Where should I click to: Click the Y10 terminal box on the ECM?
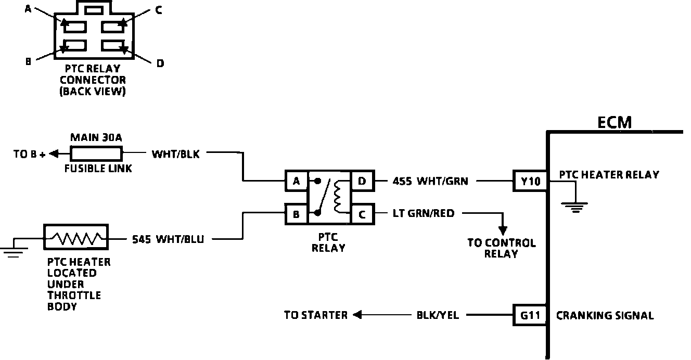[x=530, y=182]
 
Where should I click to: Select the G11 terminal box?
[x=530, y=315]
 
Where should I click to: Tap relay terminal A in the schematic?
[x=296, y=181]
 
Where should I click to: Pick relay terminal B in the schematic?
[x=296, y=213]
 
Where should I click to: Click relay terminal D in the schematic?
[x=362, y=181]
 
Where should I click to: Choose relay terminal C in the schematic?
[x=362, y=213]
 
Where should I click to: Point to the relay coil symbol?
[x=338, y=197]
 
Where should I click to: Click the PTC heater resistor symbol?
[x=76, y=239]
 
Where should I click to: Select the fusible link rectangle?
[x=96, y=154]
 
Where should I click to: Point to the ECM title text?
[x=614, y=123]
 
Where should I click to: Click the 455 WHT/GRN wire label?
[x=430, y=182]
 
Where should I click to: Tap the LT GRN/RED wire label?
[x=416, y=213]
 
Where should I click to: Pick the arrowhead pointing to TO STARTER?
[x=357, y=315]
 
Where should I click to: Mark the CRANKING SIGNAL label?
[x=605, y=315]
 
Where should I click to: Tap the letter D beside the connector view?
[x=160, y=63]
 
